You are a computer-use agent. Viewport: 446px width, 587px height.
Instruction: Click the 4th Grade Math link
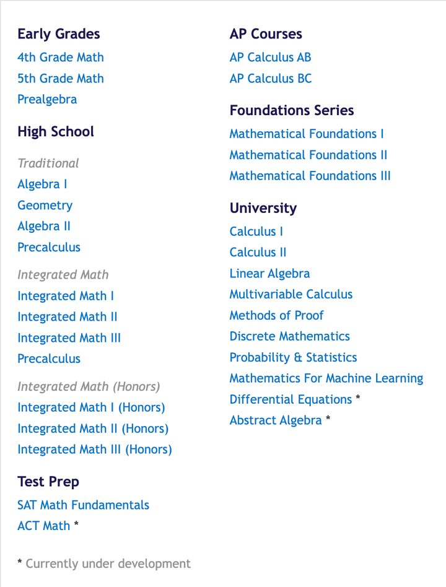(60, 58)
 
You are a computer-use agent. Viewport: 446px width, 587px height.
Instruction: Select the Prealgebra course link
(47, 100)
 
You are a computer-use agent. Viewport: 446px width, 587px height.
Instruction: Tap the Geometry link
(45, 206)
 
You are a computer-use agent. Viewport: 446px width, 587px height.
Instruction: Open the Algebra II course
(43, 227)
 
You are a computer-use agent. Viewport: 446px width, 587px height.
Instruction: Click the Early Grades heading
(58, 34)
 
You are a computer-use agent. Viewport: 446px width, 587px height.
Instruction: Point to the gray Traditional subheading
(48, 163)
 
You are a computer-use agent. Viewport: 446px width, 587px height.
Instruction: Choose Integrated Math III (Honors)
(94, 450)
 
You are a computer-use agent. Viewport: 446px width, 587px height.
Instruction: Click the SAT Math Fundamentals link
(83, 505)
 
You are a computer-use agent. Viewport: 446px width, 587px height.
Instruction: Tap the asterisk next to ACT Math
(76, 525)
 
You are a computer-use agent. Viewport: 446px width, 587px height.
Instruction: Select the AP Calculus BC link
(270, 79)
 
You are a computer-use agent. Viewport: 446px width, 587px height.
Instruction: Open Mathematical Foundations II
(308, 155)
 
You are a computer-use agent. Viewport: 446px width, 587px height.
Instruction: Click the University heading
(263, 208)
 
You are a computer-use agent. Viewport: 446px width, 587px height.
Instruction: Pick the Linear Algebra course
(269, 274)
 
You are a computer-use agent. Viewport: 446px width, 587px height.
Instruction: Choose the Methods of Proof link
(276, 316)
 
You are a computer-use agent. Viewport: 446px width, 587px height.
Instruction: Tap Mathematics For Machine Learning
(326, 378)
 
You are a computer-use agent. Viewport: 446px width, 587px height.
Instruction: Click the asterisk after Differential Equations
(358, 399)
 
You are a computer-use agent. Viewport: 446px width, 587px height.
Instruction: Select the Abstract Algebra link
(275, 420)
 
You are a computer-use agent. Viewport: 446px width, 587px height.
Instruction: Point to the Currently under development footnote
(108, 564)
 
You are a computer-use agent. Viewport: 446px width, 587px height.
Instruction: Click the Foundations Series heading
(291, 111)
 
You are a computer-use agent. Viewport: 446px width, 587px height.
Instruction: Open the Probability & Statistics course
(293, 358)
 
